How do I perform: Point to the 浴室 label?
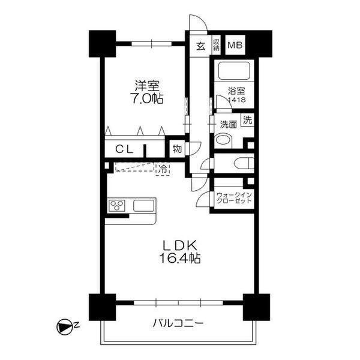tap(236, 91)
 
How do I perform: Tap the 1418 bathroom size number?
tap(236, 100)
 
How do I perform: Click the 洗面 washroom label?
tap(227, 125)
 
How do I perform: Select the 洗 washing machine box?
tap(247, 119)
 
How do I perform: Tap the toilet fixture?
tap(242, 163)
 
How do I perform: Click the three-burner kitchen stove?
tap(117, 206)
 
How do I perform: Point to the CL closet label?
tap(124, 149)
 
